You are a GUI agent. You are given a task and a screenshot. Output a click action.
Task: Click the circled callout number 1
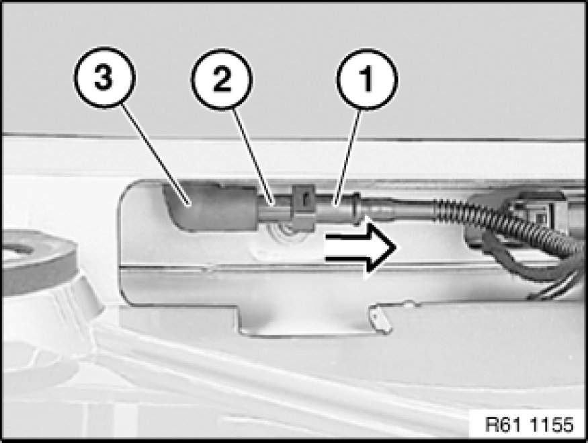coord(367,79)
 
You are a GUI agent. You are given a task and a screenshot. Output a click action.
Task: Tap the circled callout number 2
coord(222,79)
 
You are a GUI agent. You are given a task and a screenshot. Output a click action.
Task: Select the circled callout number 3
coord(104,78)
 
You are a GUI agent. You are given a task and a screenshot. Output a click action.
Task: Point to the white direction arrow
coord(360,247)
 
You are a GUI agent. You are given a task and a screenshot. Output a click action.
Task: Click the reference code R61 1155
coord(529,425)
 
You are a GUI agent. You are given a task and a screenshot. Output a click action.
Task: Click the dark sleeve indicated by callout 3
coord(210,207)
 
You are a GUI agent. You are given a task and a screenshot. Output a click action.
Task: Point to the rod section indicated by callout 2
coord(274,210)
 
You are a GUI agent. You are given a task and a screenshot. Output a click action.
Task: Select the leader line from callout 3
coord(156,155)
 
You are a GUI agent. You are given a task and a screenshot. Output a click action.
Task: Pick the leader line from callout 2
coord(253,157)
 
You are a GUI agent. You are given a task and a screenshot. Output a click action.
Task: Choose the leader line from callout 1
coord(348,157)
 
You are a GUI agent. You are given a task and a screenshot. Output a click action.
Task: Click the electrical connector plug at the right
coord(525,218)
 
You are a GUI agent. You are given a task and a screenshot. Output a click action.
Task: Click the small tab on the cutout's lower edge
coord(380,318)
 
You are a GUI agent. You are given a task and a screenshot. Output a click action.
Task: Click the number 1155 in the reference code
coord(552,425)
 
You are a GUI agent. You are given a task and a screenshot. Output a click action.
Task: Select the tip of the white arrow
coord(396,247)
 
